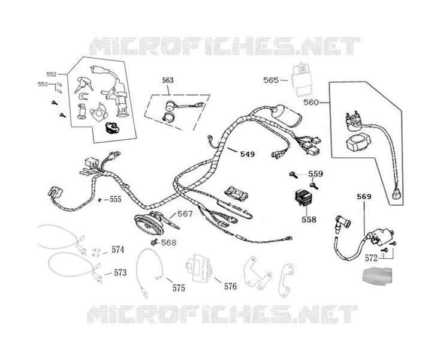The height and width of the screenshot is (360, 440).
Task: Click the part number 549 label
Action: click(248, 154)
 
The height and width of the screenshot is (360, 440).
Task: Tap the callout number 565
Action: click(271, 80)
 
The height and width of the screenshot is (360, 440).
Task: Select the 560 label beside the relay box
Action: click(311, 102)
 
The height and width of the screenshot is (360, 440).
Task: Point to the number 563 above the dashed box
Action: click(168, 80)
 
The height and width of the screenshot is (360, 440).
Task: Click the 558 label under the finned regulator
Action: click(309, 220)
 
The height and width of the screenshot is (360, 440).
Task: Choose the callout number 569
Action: click(364, 197)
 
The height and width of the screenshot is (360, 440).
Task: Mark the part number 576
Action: click(230, 286)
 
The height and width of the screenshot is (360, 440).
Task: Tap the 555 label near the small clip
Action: click(115, 199)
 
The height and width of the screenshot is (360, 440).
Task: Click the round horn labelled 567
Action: click(149, 223)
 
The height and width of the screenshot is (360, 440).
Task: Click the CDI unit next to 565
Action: click(300, 79)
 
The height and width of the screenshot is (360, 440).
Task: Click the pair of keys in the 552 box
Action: click(83, 83)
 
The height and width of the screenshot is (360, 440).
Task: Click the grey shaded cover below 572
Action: click(376, 277)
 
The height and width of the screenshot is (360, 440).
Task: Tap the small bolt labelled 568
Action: click(153, 242)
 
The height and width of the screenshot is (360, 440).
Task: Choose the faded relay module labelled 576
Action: click(198, 268)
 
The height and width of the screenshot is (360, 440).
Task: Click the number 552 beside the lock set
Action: click(52, 74)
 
